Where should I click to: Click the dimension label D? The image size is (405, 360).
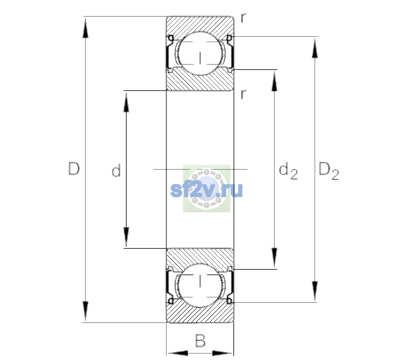pyautogui.click(x=74, y=169)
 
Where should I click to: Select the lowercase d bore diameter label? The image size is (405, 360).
pyautogui.click(x=116, y=170)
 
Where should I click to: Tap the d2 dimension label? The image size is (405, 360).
pyautogui.click(x=288, y=171)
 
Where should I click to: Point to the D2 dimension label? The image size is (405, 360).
pyautogui.click(x=329, y=171)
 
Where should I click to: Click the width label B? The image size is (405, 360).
pyautogui.click(x=200, y=340)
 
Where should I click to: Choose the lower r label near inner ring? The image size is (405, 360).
pyautogui.click(x=244, y=94)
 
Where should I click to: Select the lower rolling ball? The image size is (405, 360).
pyautogui.click(x=200, y=285)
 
